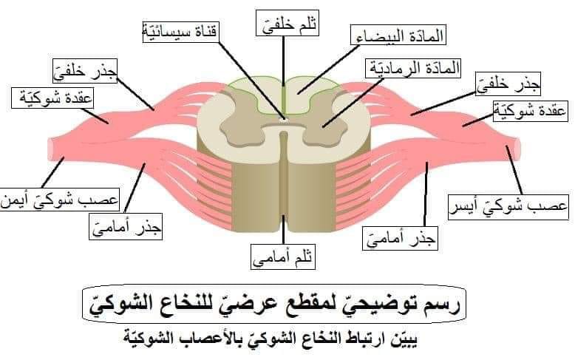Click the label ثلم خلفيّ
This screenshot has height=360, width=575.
pyautogui.click(x=287, y=23)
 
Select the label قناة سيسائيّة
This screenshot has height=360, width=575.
pyautogui.click(x=180, y=32)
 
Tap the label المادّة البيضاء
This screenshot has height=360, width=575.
pyautogui.click(x=398, y=35)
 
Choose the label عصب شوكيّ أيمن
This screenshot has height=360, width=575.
pyautogui.click(x=60, y=200)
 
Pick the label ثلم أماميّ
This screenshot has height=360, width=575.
pyautogui.click(x=283, y=257)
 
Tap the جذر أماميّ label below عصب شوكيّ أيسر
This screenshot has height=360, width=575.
pyautogui.click(x=400, y=239)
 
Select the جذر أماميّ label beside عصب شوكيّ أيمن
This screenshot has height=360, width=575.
pyautogui.click(x=126, y=227)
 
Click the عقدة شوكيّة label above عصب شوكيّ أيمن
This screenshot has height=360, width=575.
pyautogui.click(x=52, y=98)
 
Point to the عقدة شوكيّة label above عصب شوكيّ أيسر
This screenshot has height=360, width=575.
pyautogui.click(x=530, y=112)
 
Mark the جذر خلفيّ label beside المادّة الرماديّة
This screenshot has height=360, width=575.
pyautogui.click(x=508, y=84)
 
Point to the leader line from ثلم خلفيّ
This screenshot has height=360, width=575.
pyautogui.click(x=283, y=61)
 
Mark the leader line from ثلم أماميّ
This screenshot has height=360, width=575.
pyautogui.click(x=283, y=229)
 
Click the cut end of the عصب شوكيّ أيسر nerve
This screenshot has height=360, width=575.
pyautogui.click(x=517, y=149)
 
